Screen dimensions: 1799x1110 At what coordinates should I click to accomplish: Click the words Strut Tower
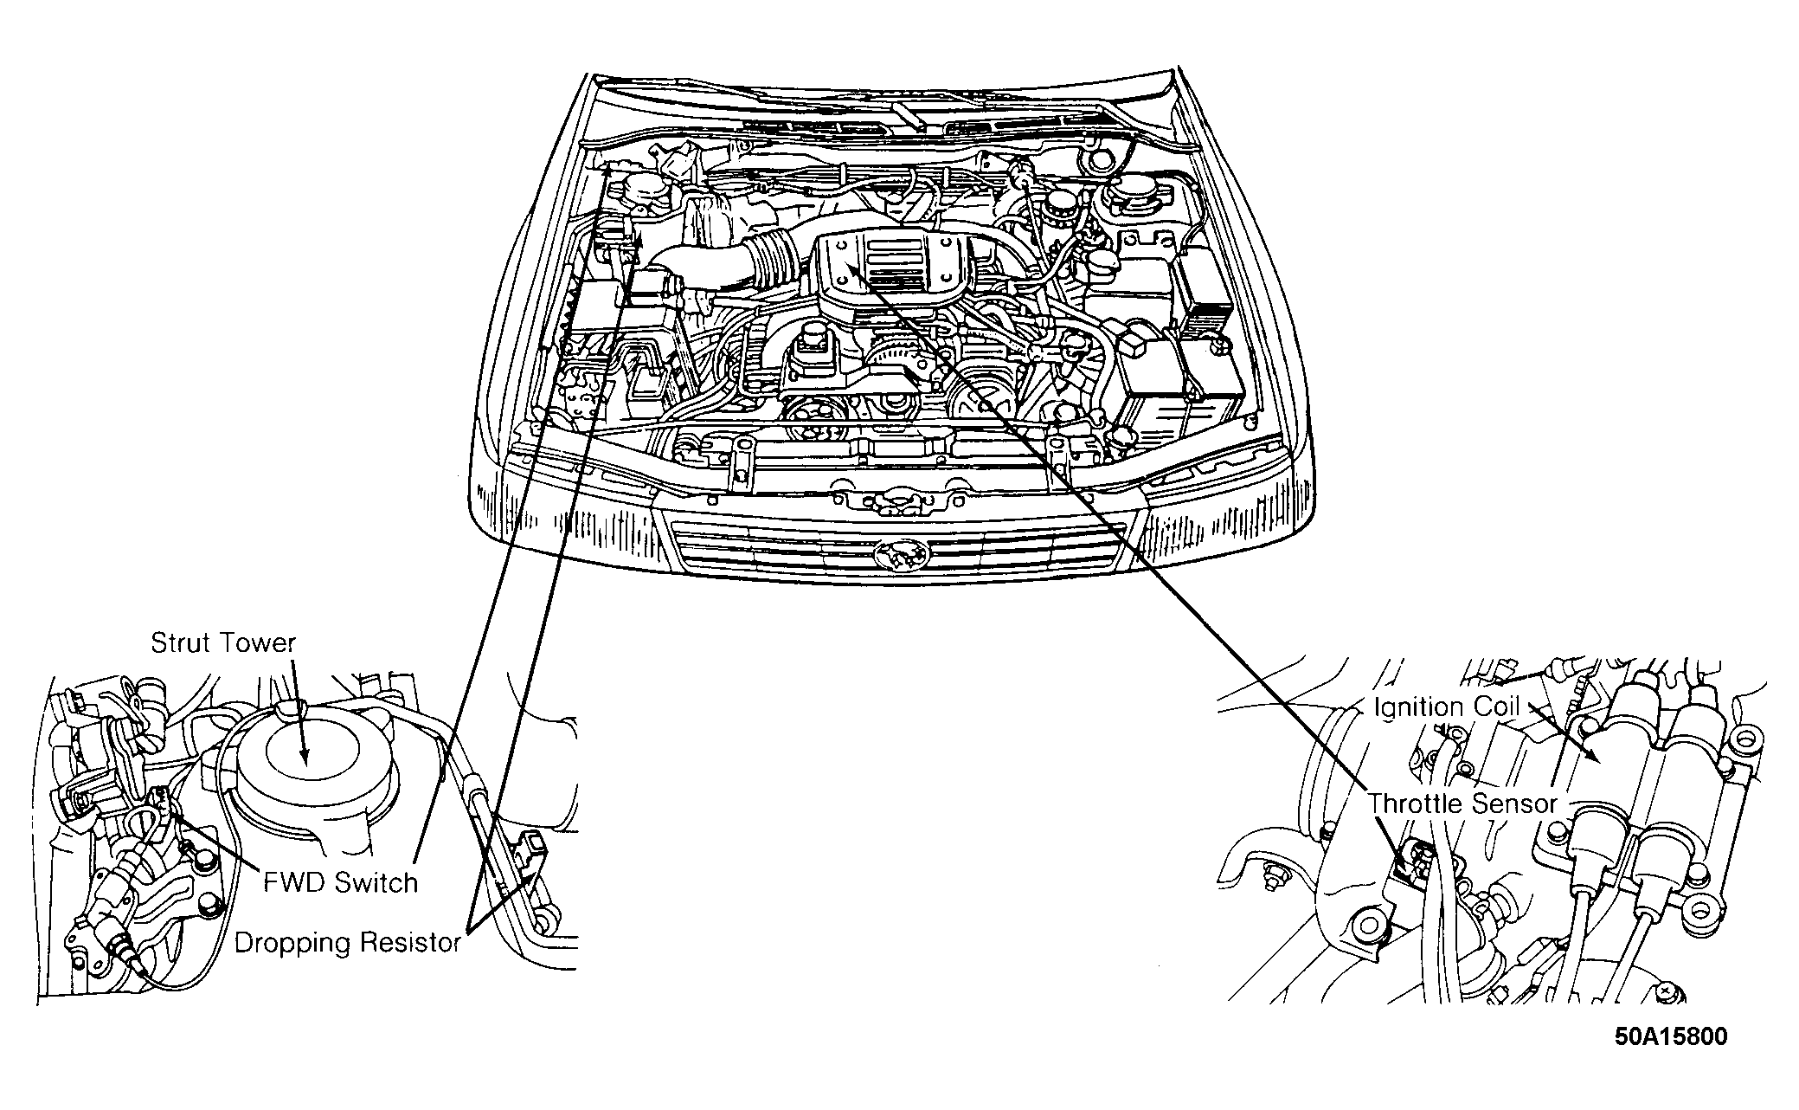[223, 643]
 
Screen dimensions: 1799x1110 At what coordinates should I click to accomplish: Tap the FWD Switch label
[340, 883]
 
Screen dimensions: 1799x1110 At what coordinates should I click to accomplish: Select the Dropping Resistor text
[347, 943]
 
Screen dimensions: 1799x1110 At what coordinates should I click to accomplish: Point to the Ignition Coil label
[1447, 707]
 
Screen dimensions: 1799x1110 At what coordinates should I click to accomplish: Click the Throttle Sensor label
[1463, 803]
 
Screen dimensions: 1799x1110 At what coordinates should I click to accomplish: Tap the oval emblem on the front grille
[896, 554]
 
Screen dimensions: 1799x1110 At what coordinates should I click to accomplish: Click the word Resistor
[407, 943]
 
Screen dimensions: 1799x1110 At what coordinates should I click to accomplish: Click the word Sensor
[1514, 803]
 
